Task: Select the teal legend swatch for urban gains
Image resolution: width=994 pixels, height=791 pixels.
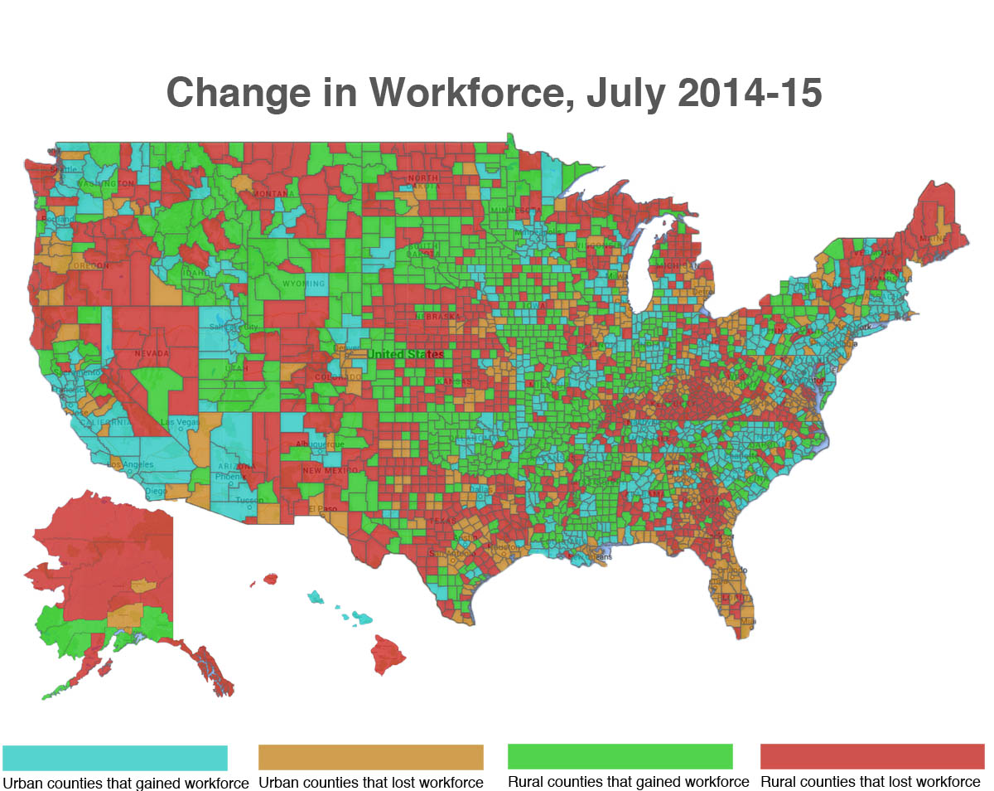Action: click(115, 757)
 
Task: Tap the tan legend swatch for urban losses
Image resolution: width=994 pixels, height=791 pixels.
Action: click(370, 757)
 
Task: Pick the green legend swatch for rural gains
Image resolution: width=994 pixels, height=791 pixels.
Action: click(620, 756)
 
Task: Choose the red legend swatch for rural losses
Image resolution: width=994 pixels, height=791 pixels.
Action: click(872, 756)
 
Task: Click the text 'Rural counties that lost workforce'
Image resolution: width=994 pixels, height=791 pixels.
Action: click(870, 781)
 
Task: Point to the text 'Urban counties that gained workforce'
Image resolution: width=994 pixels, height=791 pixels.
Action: click(125, 782)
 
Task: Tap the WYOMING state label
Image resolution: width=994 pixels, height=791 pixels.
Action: click(304, 284)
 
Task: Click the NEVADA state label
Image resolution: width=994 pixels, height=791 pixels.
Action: click(152, 354)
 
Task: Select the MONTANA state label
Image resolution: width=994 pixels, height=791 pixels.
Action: click(273, 194)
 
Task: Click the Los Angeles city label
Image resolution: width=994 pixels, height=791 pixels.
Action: click(132, 463)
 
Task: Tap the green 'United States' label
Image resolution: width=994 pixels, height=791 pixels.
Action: click(405, 354)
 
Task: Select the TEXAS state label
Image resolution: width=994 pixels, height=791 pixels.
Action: click(442, 521)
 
